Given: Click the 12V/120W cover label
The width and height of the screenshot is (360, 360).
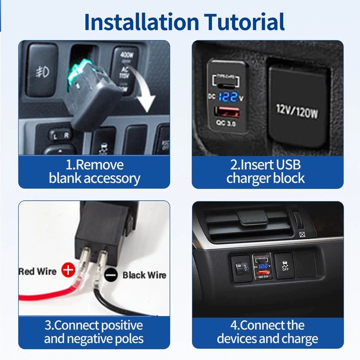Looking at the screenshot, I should pyautogui.click(x=297, y=111).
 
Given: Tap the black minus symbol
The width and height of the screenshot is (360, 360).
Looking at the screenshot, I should pyautogui.click(x=111, y=275).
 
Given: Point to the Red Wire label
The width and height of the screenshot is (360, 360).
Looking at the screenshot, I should pyautogui.click(x=37, y=271).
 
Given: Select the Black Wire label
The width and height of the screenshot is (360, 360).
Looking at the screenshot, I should pyautogui.click(x=144, y=275).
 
